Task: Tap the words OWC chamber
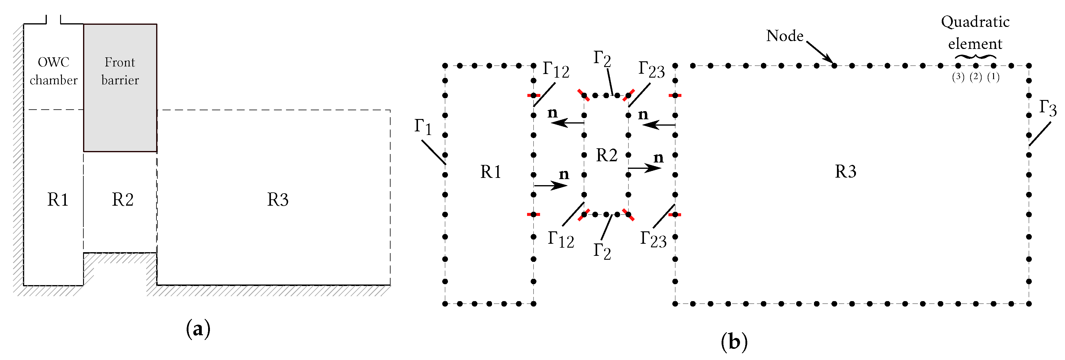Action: coord(54,71)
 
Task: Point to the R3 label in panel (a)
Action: coord(277,200)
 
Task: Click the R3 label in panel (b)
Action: coord(845,171)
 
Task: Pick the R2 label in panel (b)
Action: coord(607,155)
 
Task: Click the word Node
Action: coord(784,36)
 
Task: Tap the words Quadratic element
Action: coord(975,32)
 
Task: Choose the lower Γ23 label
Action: coord(653,239)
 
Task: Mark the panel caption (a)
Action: coord(198,329)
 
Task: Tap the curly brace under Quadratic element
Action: coord(975,56)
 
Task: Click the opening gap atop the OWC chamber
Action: coord(53,20)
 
